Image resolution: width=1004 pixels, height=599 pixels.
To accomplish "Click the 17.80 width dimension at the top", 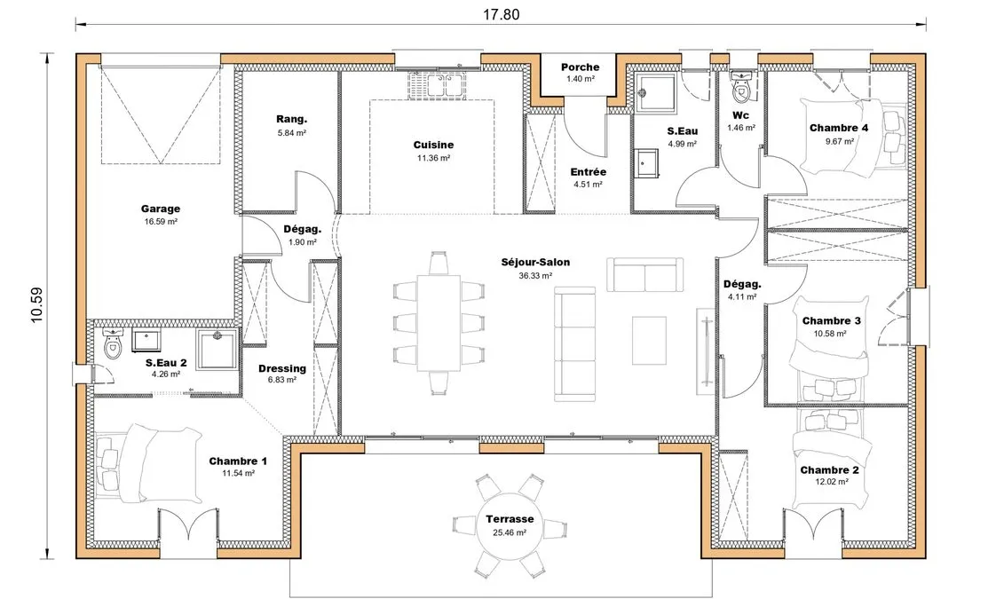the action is (501, 14).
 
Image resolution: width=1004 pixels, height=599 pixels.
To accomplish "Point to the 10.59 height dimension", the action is (36, 304).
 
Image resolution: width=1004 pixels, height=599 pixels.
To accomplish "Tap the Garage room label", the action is (161, 209).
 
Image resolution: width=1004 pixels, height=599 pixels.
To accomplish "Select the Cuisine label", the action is (433, 146).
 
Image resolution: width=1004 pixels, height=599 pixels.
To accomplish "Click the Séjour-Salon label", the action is (535, 263).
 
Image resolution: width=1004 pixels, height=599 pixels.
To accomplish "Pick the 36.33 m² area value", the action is (535, 276).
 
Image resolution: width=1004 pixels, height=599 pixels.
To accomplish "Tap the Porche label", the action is (580, 67).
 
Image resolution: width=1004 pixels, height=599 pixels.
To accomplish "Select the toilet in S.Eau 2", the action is (113, 344).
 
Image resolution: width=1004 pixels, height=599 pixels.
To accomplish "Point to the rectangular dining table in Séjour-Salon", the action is (439, 323).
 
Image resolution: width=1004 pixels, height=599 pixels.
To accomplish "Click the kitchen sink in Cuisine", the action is (440, 85).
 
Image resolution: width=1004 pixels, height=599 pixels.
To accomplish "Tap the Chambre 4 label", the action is (839, 128).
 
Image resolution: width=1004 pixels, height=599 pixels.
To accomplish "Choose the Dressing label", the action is (282, 368).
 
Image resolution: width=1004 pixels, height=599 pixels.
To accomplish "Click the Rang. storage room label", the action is (292, 119).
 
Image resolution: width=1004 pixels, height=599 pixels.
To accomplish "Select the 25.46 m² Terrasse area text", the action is (510, 532).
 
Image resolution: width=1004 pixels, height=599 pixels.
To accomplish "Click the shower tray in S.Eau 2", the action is (217, 349).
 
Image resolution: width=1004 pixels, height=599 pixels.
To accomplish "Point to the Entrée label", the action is (588, 172).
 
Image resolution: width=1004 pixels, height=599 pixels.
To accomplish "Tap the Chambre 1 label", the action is (238, 461).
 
